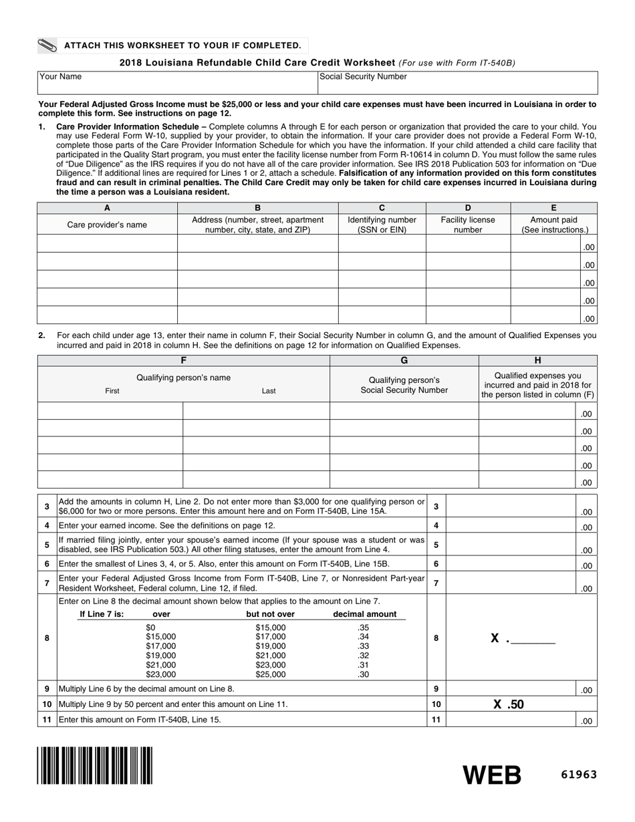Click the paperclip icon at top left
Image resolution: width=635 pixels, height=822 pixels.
pos(48,45)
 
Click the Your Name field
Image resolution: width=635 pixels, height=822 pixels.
pos(177,83)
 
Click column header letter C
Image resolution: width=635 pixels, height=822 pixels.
pos(382,208)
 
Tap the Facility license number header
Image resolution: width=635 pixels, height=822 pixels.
pos(468,225)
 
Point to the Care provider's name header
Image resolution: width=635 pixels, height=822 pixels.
pos(107,225)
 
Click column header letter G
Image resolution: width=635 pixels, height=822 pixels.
pos(404,360)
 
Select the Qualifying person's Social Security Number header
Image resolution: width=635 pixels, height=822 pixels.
pos(404,385)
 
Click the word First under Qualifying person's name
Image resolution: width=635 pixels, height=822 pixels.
pos(112,391)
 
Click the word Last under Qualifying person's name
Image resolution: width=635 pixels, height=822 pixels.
pos(269,391)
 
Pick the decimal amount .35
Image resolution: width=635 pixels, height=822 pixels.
pos(364,628)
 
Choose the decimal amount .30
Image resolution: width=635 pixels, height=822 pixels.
pos(364,674)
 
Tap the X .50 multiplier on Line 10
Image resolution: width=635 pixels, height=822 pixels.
pos(509,704)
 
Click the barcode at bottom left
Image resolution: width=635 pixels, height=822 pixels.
pos(94,765)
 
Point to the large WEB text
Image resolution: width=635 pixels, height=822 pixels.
pos(493,775)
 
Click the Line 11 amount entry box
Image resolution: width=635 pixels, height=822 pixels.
pos(511,720)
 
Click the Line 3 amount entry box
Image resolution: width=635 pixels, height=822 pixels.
pos(511,507)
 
